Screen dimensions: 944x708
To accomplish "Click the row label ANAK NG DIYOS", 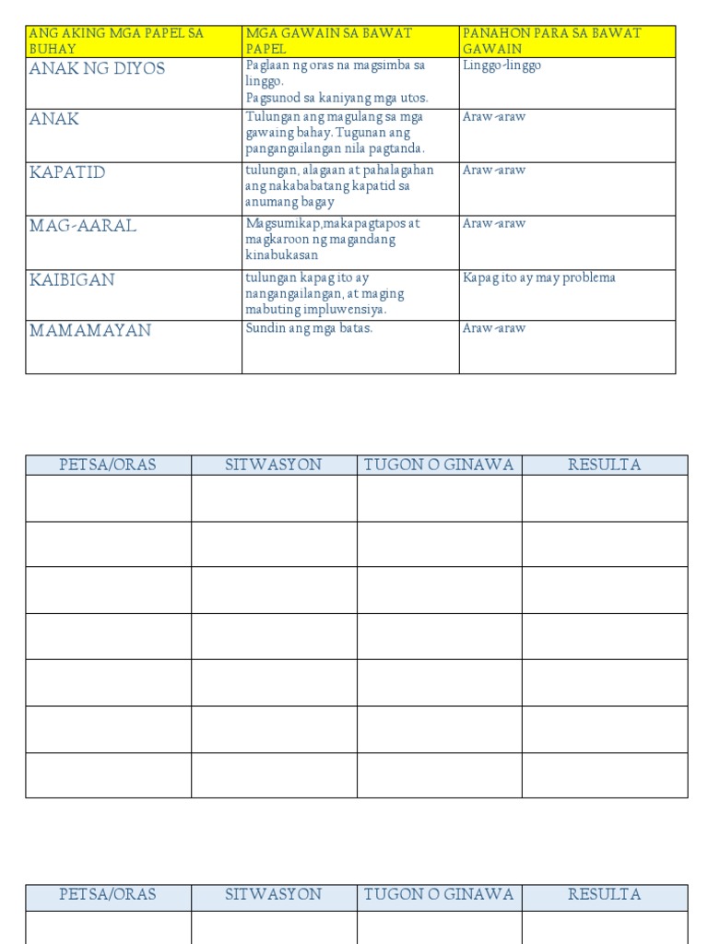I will coord(98,69).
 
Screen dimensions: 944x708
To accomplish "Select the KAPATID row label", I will coord(67,173).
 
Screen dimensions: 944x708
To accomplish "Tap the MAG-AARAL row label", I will coord(83,226).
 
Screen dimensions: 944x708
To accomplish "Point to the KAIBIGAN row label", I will coord(72,280).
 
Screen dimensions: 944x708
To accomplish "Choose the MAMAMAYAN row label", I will coord(90,330).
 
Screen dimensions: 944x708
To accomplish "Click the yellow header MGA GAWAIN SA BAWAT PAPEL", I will coord(329,41).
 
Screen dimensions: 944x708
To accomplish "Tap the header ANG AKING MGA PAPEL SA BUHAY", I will coord(116,41).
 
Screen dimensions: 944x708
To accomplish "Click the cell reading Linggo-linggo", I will coord(502,65).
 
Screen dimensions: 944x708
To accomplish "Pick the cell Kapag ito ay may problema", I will coord(539,277).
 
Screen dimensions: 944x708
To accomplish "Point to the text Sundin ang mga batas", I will coord(309,328).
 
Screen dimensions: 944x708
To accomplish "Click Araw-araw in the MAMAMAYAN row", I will coord(494,328).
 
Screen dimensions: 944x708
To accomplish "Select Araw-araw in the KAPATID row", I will coord(494,171).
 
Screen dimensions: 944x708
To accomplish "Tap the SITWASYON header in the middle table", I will coord(274,465).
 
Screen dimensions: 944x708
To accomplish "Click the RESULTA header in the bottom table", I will coord(605,894).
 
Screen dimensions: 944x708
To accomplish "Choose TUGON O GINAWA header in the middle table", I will coord(439,465).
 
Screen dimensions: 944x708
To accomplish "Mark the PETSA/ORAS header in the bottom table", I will coord(108,894).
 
